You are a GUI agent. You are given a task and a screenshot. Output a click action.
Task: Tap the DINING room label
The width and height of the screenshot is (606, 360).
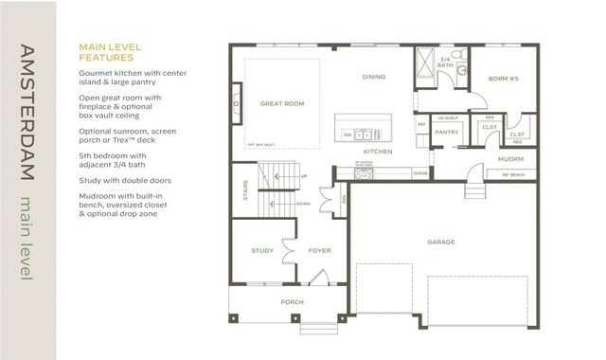click(x=374, y=78)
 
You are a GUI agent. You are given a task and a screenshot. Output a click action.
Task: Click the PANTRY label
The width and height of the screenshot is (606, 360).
click(x=446, y=133)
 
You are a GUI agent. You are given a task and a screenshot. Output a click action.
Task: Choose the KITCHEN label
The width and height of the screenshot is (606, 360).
click(x=379, y=152)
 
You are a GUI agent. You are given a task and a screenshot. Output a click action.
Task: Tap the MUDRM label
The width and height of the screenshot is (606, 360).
click(x=509, y=159)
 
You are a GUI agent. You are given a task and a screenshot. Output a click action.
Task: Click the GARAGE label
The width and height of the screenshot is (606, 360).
click(x=440, y=242)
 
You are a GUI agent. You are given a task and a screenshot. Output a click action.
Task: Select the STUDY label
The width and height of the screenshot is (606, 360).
click(x=262, y=250)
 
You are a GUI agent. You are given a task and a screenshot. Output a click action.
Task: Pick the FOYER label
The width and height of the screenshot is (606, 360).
click(x=318, y=250)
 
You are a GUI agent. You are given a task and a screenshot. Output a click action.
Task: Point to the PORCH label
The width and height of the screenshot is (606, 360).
click(x=291, y=303)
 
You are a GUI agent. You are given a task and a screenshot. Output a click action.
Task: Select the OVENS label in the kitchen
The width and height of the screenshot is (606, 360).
click(x=420, y=173)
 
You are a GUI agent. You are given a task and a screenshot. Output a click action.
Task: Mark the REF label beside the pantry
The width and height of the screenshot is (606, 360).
click(x=422, y=124)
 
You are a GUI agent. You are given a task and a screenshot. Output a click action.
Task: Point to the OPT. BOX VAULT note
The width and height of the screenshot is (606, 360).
click(x=260, y=144)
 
